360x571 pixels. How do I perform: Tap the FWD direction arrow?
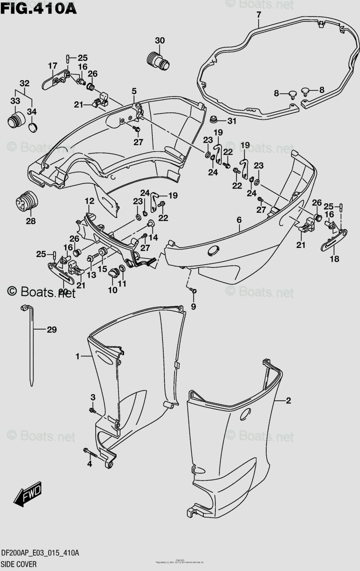click(28, 493)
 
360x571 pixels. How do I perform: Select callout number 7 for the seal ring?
click(259, 15)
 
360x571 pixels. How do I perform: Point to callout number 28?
click(30, 221)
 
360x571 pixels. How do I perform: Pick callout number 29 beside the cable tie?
click(51, 329)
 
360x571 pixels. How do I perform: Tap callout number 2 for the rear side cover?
click(288, 401)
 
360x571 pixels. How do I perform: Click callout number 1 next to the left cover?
click(77, 356)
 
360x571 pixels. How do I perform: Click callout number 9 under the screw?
click(193, 307)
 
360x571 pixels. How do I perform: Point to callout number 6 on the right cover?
click(239, 220)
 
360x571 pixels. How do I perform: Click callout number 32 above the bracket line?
click(24, 82)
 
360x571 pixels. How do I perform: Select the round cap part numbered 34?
click(32, 127)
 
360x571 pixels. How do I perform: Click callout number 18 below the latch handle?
click(335, 259)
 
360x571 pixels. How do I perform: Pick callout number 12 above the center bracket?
click(89, 202)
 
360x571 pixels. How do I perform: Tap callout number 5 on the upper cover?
click(134, 91)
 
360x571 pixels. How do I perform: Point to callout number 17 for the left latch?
click(52, 65)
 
